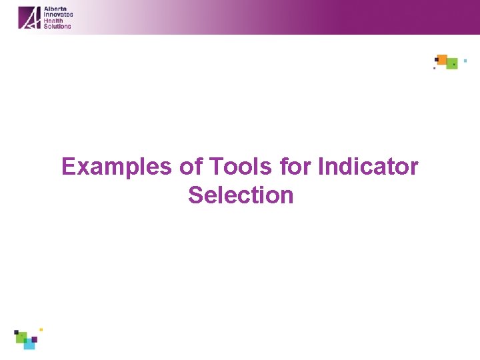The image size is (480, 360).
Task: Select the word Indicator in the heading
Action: pyautogui.click(x=368, y=167)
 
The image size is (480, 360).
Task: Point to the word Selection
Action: pyautogui.click(x=241, y=195)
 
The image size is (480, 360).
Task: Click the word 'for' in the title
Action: pyautogui.click(x=295, y=167)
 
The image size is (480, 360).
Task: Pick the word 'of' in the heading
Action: pyautogui.click(x=190, y=167)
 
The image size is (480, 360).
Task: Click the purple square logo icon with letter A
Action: pyautogui.click(x=29, y=17)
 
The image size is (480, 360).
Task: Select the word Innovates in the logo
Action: pyautogui.click(x=58, y=15)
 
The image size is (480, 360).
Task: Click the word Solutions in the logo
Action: pyautogui.click(x=57, y=26)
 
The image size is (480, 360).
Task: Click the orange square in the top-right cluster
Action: pyautogui.click(x=442, y=59)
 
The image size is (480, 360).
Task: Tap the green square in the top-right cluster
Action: pyautogui.click(x=452, y=64)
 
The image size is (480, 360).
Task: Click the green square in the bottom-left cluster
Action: pyautogui.click(x=21, y=337)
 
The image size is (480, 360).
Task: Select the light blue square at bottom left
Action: pyautogui.click(x=29, y=344)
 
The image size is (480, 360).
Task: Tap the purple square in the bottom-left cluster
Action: pyautogui.click(x=34, y=339)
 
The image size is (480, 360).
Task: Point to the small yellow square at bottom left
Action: pyautogui.click(x=41, y=329)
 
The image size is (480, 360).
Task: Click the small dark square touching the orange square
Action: pyautogui.click(x=436, y=60)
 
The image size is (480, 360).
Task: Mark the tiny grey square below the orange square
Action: pyautogui.click(x=435, y=68)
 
